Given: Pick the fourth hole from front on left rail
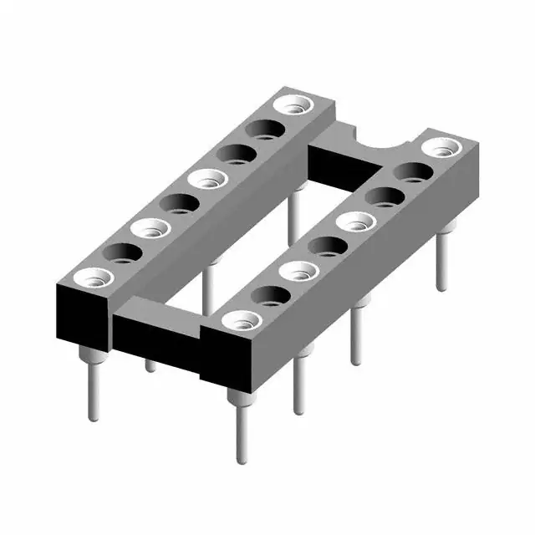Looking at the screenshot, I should [178, 203].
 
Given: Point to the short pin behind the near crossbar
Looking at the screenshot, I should [150, 365].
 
